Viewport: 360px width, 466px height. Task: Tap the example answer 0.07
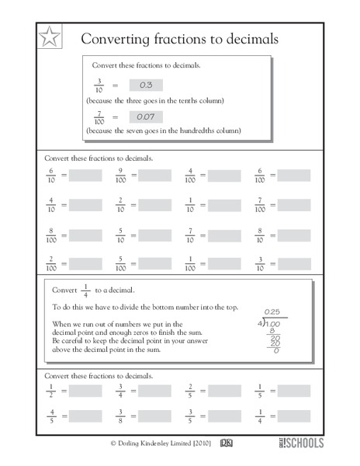pyautogui.click(x=145, y=116)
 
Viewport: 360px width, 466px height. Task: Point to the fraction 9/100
pyautogui.click(x=120, y=176)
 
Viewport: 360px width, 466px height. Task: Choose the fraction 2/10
pyautogui.click(x=120, y=205)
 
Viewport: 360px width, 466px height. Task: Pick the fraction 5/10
pyautogui.click(x=120, y=234)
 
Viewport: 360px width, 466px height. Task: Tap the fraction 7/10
pyautogui.click(x=189, y=234)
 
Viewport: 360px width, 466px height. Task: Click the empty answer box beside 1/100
pyautogui.click(x=224, y=263)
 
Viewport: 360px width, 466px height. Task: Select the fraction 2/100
pyautogui.click(x=51, y=263)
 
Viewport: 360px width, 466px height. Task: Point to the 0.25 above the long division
pyautogui.click(x=270, y=313)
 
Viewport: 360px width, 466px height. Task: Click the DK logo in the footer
pyautogui.click(x=227, y=443)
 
